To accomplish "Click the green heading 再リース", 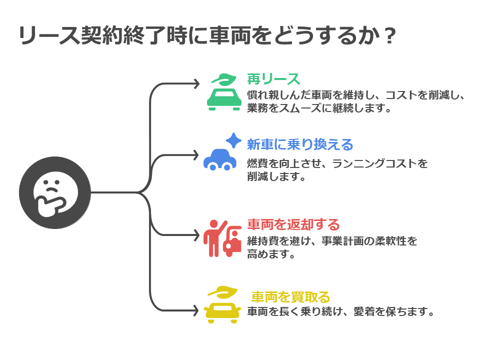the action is (273, 79).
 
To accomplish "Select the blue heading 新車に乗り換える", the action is (300, 144).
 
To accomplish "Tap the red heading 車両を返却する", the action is (293, 224).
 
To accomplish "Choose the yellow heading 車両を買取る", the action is (290, 297).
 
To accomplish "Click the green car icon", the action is (224, 99).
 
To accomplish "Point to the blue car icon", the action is (220, 159).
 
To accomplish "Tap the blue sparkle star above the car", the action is (234, 140).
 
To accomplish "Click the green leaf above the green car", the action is (224, 79).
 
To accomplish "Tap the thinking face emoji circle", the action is (55, 193).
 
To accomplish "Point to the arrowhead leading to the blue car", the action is (196, 155).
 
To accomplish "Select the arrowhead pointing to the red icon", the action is (196, 235).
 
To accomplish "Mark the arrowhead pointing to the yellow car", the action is (195, 310).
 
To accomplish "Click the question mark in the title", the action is (389, 36).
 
